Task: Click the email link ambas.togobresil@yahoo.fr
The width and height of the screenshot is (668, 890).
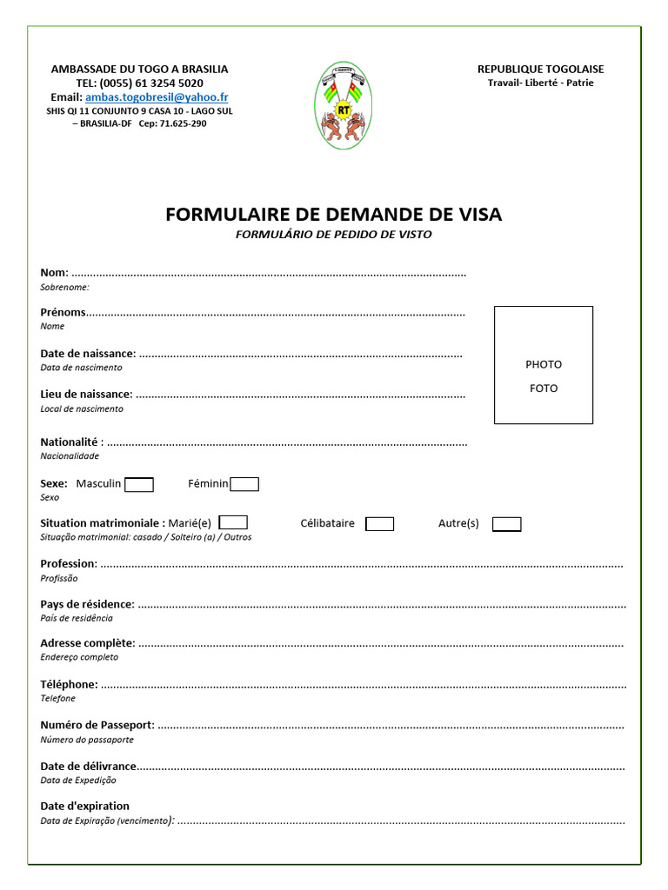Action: tap(157, 97)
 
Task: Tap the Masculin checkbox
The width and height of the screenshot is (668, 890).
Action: tap(139, 485)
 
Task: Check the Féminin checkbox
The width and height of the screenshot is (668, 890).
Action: tap(244, 484)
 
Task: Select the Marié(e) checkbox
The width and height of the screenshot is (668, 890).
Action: tap(233, 523)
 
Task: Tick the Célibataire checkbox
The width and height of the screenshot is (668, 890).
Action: tap(379, 524)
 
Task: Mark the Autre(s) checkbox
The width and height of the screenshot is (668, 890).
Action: tap(506, 524)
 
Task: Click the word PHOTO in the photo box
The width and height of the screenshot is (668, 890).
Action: tap(544, 364)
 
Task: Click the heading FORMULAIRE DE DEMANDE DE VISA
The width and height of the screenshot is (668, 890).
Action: tap(333, 214)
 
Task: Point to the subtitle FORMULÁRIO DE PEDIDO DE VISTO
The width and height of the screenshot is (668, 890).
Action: tap(333, 235)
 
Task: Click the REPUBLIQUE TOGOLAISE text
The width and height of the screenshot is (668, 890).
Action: tap(540, 69)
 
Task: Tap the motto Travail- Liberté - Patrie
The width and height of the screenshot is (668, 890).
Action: tap(540, 83)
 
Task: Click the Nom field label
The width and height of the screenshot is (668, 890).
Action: tap(53, 273)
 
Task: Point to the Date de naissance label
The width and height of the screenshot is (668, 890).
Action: tap(87, 354)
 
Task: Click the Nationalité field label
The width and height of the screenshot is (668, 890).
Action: tap(71, 442)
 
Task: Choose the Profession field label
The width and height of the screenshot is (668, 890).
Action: tap(68, 564)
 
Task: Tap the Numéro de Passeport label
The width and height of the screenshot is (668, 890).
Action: tap(97, 725)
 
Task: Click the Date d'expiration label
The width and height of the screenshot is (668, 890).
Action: tap(84, 806)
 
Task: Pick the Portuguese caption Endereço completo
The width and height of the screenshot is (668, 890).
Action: tap(79, 657)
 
